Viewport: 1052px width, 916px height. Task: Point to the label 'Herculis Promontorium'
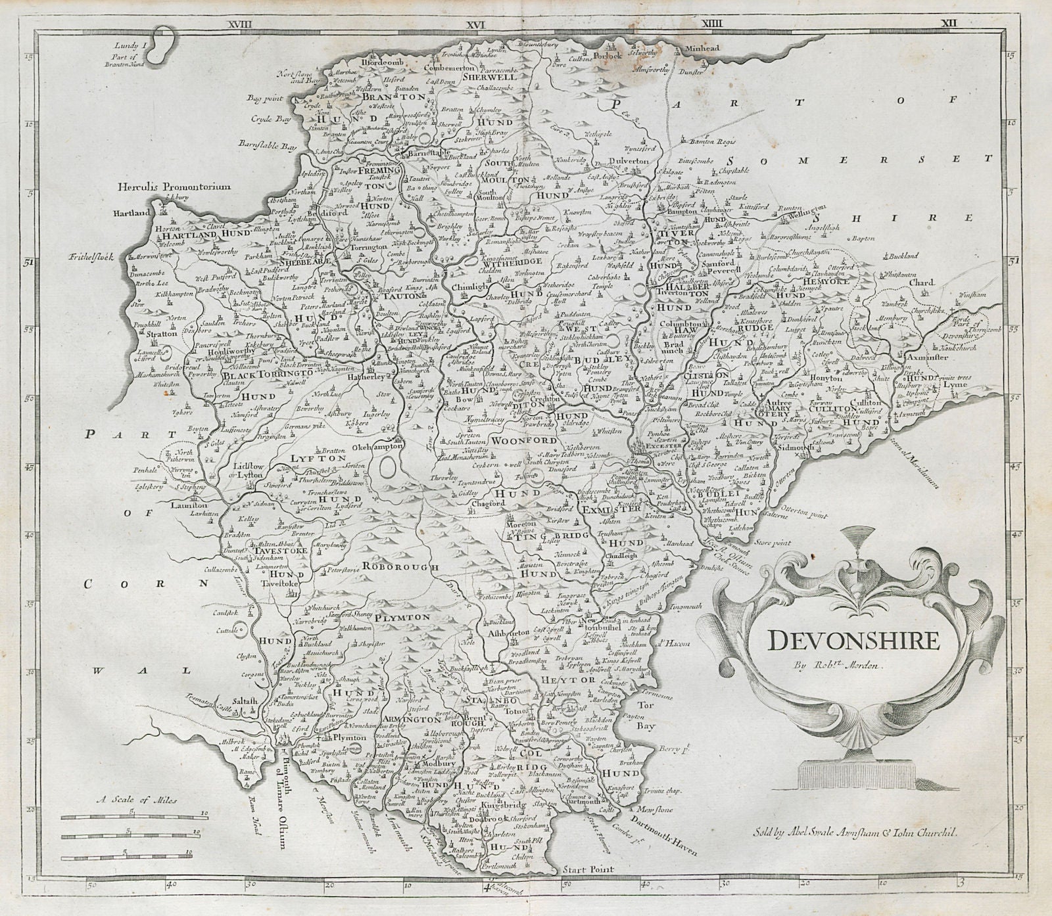coord(174,187)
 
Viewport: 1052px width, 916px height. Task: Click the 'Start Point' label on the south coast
coord(588,869)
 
